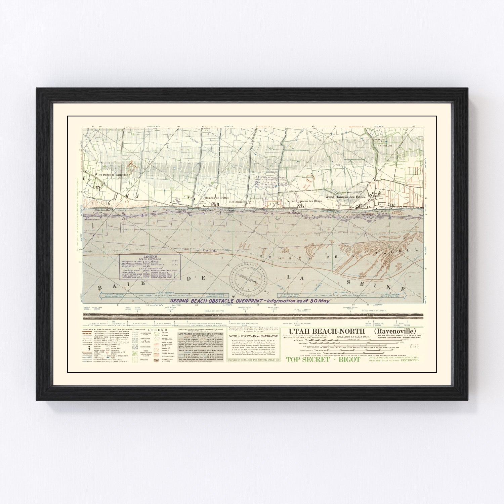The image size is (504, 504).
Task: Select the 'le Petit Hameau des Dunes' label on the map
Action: [304, 201]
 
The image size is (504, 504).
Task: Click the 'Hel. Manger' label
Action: [237, 202]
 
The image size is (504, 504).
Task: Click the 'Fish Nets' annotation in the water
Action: [209, 250]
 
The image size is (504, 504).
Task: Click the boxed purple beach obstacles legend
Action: [150, 266]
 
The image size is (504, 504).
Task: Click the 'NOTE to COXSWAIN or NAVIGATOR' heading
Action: [253, 336]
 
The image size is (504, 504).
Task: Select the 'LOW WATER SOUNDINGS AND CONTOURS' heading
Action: [201, 334]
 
